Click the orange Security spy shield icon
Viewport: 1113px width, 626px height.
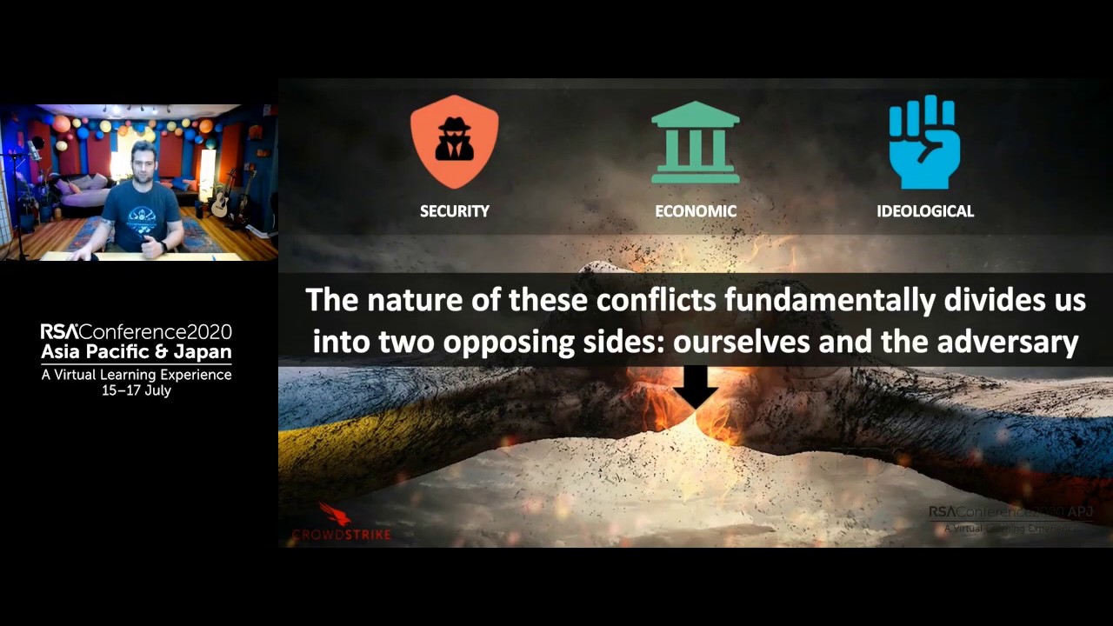454,141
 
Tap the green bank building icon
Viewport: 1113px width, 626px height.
695,143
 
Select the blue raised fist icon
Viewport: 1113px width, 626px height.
924,142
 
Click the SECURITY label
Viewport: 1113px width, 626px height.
454,211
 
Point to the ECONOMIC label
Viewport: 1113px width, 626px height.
695,211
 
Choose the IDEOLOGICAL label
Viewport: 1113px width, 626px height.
924,211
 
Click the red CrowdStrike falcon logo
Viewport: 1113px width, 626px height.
334,514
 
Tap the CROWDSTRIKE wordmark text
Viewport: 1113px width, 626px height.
341,534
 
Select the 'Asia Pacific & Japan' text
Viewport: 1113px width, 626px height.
137,352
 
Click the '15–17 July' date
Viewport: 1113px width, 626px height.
137,390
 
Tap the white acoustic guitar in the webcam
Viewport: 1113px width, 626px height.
219,202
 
